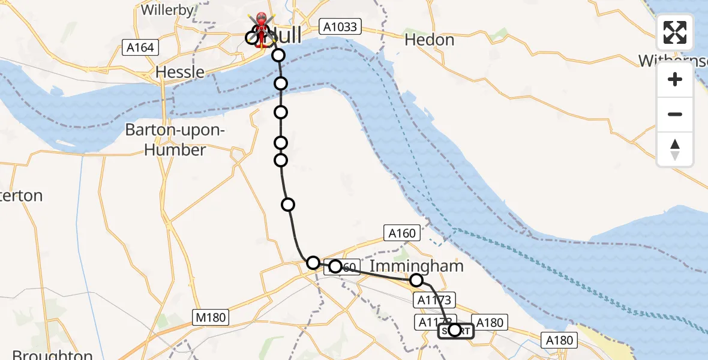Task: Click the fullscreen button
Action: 675,32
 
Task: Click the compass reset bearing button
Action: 675,149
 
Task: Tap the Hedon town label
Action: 429,40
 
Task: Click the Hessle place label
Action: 179,72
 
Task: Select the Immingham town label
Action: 417,266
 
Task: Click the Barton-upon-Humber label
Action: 175,140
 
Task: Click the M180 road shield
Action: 209,317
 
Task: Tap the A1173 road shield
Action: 434,299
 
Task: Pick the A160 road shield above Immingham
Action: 402,233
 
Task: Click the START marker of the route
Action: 455,331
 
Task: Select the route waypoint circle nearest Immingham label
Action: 416,280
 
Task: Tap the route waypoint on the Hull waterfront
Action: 278,56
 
